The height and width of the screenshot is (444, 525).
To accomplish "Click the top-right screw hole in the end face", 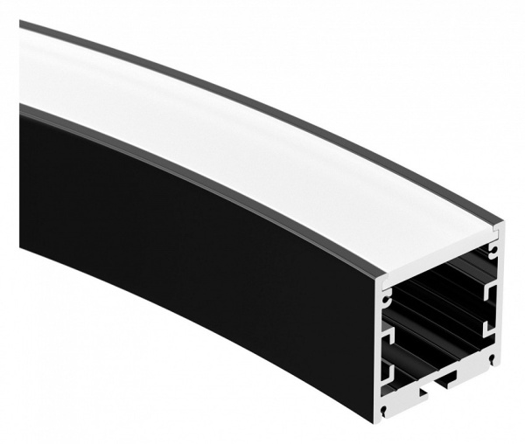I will (x=494, y=250).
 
